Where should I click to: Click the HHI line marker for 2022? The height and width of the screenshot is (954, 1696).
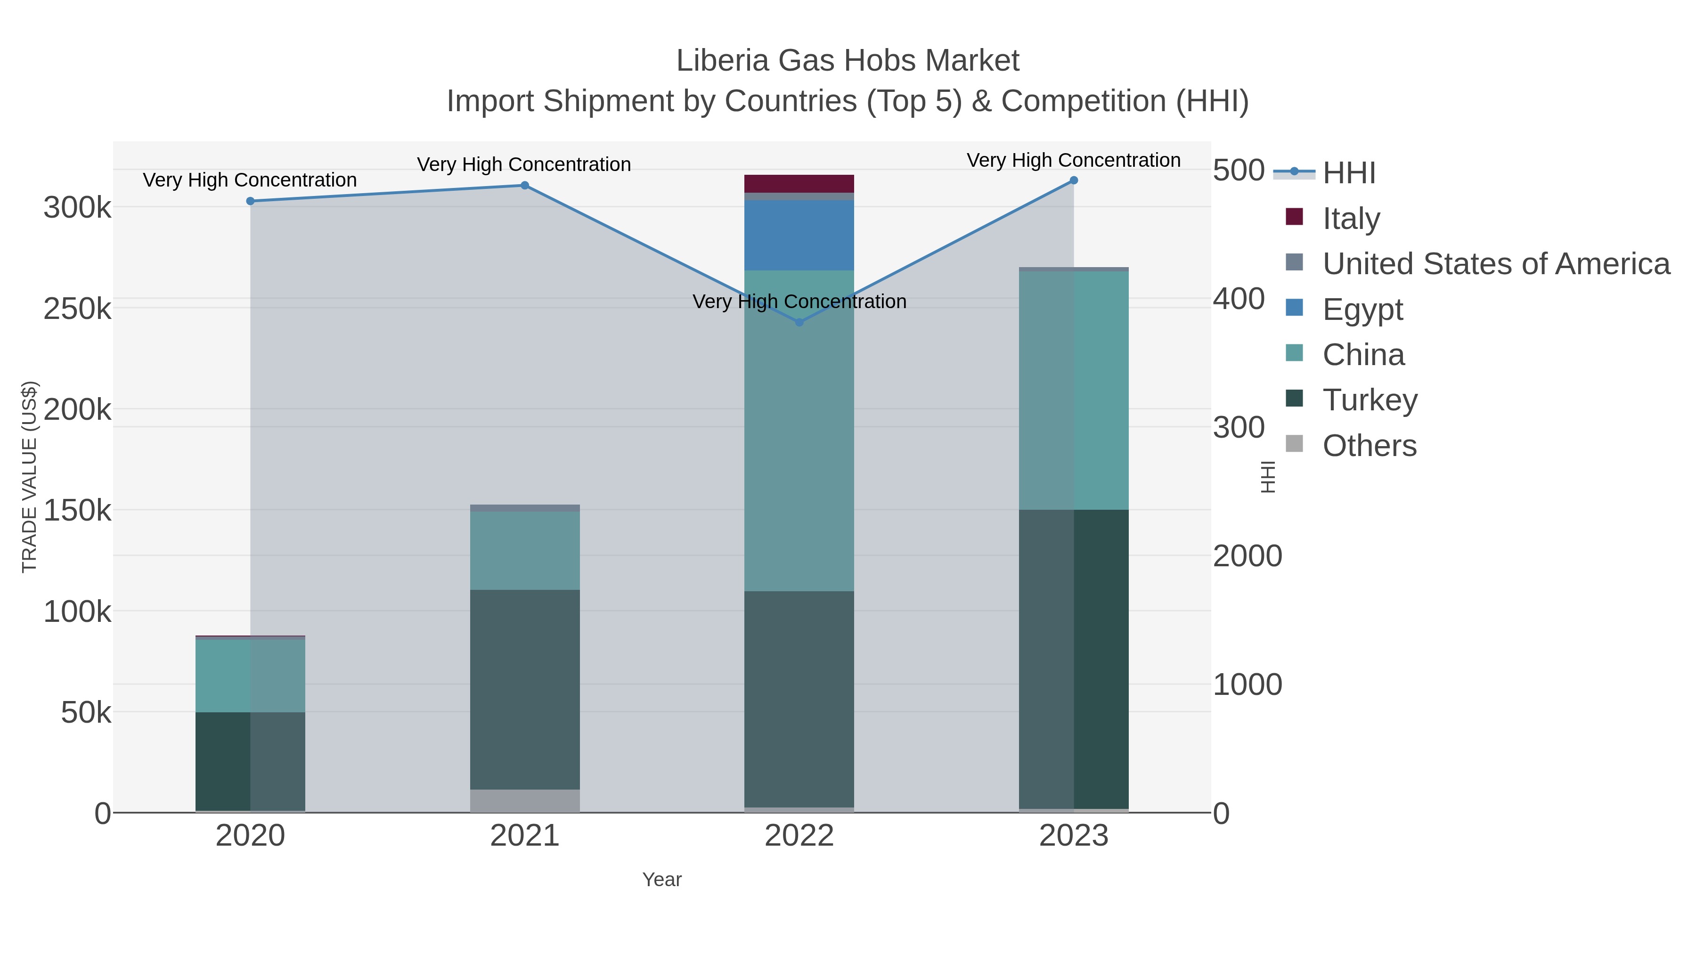coord(799,322)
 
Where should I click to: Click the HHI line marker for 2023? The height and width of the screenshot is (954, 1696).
coord(1074,180)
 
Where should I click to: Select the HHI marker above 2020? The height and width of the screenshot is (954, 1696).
coord(250,201)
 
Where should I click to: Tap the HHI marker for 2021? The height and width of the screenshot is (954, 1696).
coord(525,186)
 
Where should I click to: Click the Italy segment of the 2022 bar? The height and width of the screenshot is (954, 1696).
coord(799,184)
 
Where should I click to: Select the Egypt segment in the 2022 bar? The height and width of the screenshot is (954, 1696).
coord(799,235)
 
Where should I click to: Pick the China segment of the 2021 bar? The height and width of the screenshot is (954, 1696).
coord(525,550)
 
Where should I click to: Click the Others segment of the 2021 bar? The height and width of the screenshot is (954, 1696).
coord(525,800)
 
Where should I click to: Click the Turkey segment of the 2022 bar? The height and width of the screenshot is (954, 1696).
coord(799,699)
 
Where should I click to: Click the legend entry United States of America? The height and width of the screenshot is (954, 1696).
coord(1496,263)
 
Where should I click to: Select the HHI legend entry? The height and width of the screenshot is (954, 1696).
coord(1348,172)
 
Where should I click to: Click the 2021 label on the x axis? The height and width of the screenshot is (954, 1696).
coord(525,835)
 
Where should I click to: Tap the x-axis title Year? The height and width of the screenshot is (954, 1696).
coord(662,880)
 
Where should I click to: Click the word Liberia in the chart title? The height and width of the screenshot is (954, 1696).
coord(722,61)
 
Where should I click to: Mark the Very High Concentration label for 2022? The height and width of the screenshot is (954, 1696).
coord(799,302)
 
